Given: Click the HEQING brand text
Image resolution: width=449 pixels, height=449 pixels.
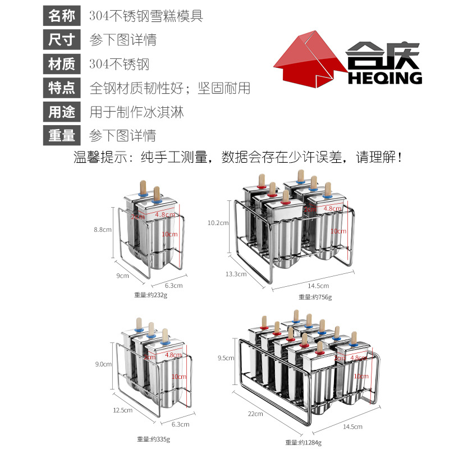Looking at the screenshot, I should [384, 78].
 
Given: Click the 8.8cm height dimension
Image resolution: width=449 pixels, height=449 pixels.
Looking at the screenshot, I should [103, 229].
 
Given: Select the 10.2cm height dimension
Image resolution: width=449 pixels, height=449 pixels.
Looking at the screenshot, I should [218, 223].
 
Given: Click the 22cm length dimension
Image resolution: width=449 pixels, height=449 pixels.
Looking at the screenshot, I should [255, 414].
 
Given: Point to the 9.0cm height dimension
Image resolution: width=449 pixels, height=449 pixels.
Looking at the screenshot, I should [103, 364].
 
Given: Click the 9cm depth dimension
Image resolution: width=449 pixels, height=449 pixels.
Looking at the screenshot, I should [123, 276].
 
